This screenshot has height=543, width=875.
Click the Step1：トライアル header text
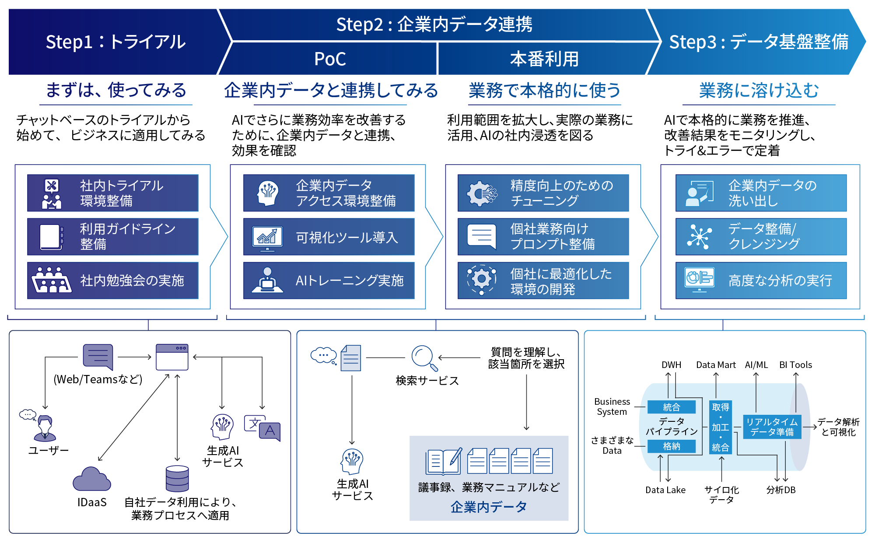(x=115, y=42)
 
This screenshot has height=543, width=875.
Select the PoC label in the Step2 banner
(x=330, y=59)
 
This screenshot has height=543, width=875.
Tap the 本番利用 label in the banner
(x=544, y=59)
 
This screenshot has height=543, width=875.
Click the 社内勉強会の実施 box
(x=113, y=280)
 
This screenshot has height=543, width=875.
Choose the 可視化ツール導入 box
(x=329, y=237)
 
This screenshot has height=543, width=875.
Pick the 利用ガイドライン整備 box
(x=113, y=237)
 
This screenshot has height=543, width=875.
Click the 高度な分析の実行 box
(x=761, y=280)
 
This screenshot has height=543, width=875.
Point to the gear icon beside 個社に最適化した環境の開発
(x=481, y=279)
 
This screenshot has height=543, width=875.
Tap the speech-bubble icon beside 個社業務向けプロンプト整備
(x=481, y=236)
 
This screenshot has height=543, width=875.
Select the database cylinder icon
(x=177, y=479)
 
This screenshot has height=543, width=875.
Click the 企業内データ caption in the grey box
(x=489, y=507)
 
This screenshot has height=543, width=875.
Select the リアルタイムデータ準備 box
(x=772, y=427)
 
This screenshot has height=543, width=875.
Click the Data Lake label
(x=665, y=490)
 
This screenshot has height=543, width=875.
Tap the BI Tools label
(x=795, y=365)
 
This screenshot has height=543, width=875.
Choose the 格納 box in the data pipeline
(x=672, y=446)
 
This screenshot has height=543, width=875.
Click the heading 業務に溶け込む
(x=759, y=91)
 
